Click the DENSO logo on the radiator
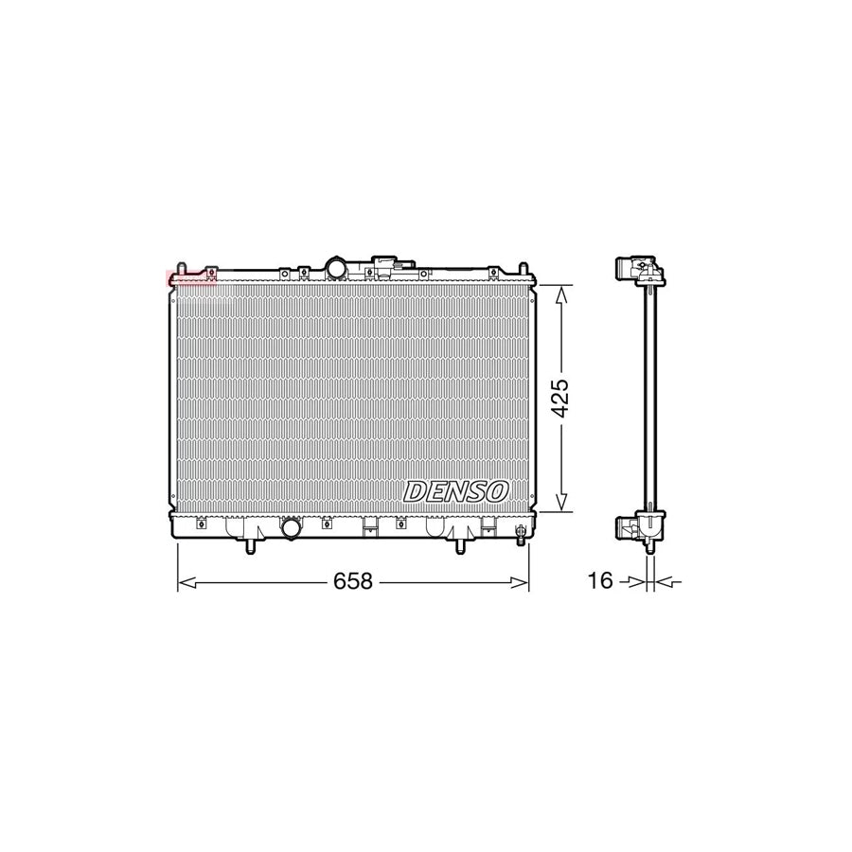point(457,490)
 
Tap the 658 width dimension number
point(351,580)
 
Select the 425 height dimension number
point(559,399)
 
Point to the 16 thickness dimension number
point(600,580)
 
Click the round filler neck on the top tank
point(336,267)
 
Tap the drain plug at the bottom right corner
point(520,538)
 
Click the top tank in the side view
point(640,271)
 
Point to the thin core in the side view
point(649,398)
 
